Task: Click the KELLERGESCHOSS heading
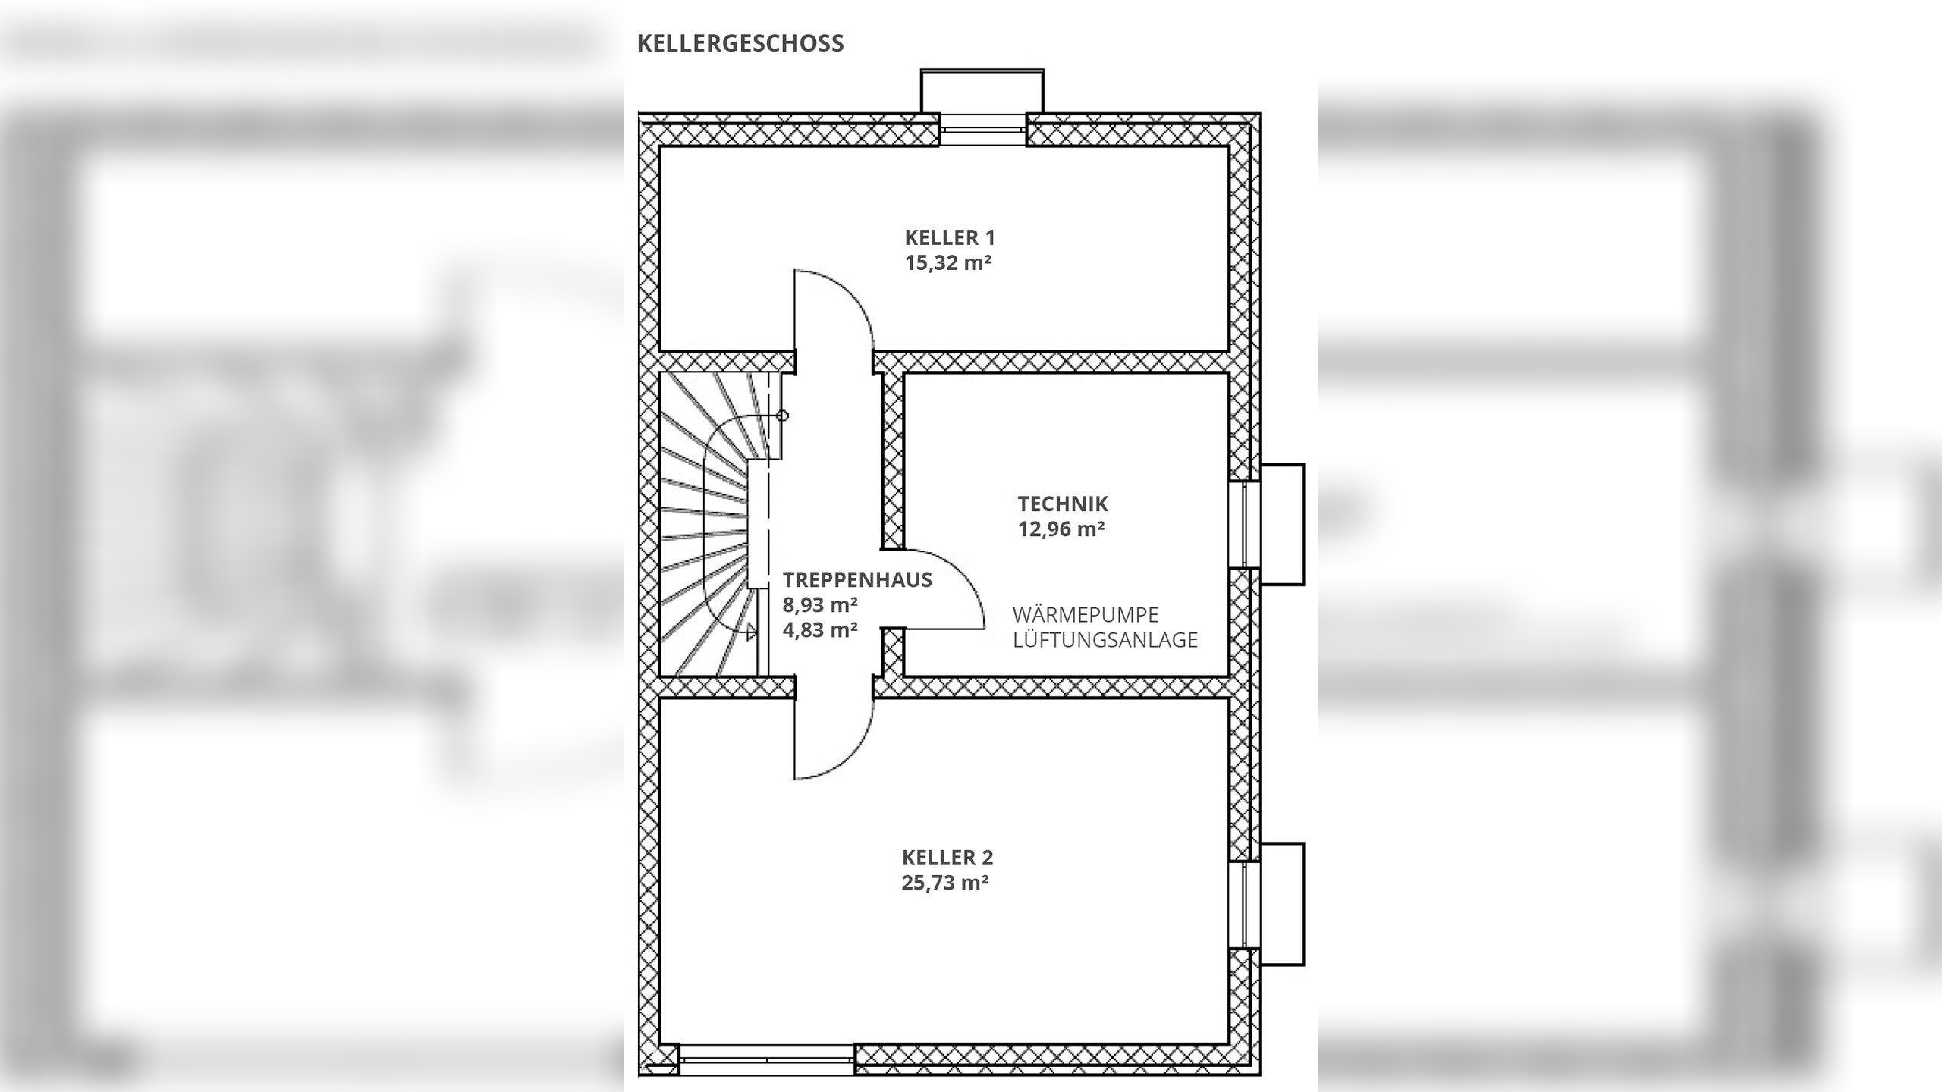740,43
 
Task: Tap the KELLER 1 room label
949,237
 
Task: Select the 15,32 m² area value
948,263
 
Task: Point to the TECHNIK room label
1062,504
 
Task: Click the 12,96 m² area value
1061,529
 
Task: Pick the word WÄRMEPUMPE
1085,614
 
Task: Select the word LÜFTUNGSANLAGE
1105,640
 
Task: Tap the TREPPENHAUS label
857,579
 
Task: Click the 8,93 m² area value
820,605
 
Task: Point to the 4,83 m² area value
820,630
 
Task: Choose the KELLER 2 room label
947,858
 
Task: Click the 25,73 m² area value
945,883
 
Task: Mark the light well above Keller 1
982,91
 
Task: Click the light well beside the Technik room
1281,524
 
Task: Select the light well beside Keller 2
1281,904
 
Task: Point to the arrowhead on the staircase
751,631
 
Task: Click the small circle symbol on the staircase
782,416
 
